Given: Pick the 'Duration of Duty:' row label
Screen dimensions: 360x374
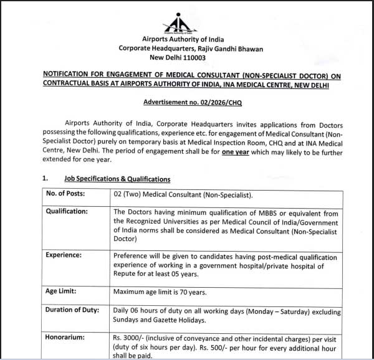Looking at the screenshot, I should [75, 310].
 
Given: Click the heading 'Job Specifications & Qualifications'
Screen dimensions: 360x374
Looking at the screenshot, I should [117, 179].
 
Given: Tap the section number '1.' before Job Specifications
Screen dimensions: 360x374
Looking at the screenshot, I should [45, 179].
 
